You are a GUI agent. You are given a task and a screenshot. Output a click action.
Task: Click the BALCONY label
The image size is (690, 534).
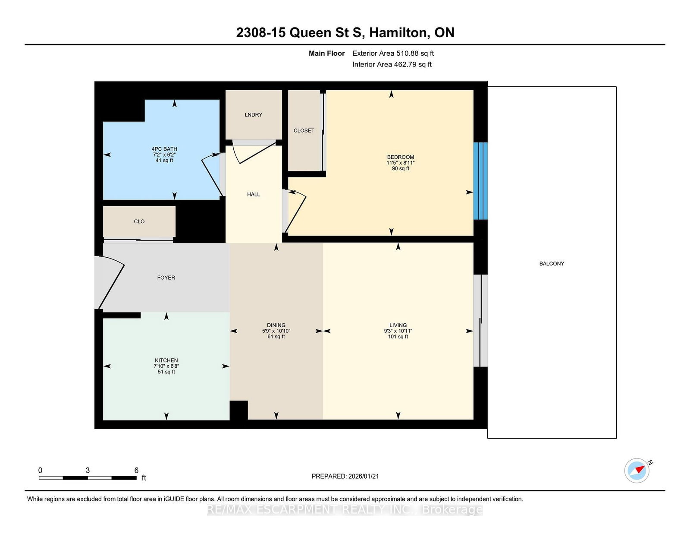[x=552, y=263]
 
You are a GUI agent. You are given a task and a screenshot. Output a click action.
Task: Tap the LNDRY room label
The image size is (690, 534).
[x=253, y=114]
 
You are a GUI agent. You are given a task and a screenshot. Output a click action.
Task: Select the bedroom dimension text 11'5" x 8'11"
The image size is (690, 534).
[x=400, y=163]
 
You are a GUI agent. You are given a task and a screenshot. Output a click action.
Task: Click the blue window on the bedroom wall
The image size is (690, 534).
[x=480, y=181]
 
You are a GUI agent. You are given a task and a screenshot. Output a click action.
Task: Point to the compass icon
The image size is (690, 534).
[x=637, y=471]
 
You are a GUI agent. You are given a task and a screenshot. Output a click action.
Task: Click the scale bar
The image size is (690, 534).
[x=88, y=477]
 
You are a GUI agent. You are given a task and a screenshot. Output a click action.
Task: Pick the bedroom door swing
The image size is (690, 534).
[x=295, y=212]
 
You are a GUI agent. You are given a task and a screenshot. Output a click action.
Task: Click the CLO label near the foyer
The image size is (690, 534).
[x=139, y=221]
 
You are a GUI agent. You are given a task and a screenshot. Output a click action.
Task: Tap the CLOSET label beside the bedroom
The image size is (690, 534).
[x=304, y=130]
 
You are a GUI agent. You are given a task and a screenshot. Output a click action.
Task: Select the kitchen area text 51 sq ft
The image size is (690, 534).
[x=166, y=372]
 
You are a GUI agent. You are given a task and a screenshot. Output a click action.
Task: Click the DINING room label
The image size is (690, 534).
[x=276, y=325]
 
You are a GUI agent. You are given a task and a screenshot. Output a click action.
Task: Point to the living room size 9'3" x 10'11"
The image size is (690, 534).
[x=398, y=331]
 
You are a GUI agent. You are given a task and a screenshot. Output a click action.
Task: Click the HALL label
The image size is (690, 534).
[x=253, y=194]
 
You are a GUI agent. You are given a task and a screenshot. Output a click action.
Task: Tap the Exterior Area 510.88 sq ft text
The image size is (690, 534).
[x=393, y=53]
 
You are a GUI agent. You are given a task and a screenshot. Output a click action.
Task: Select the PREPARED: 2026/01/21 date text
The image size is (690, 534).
[x=345, y=476]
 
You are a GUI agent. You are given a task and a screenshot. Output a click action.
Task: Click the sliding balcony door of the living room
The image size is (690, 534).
[x=480, y=321]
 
